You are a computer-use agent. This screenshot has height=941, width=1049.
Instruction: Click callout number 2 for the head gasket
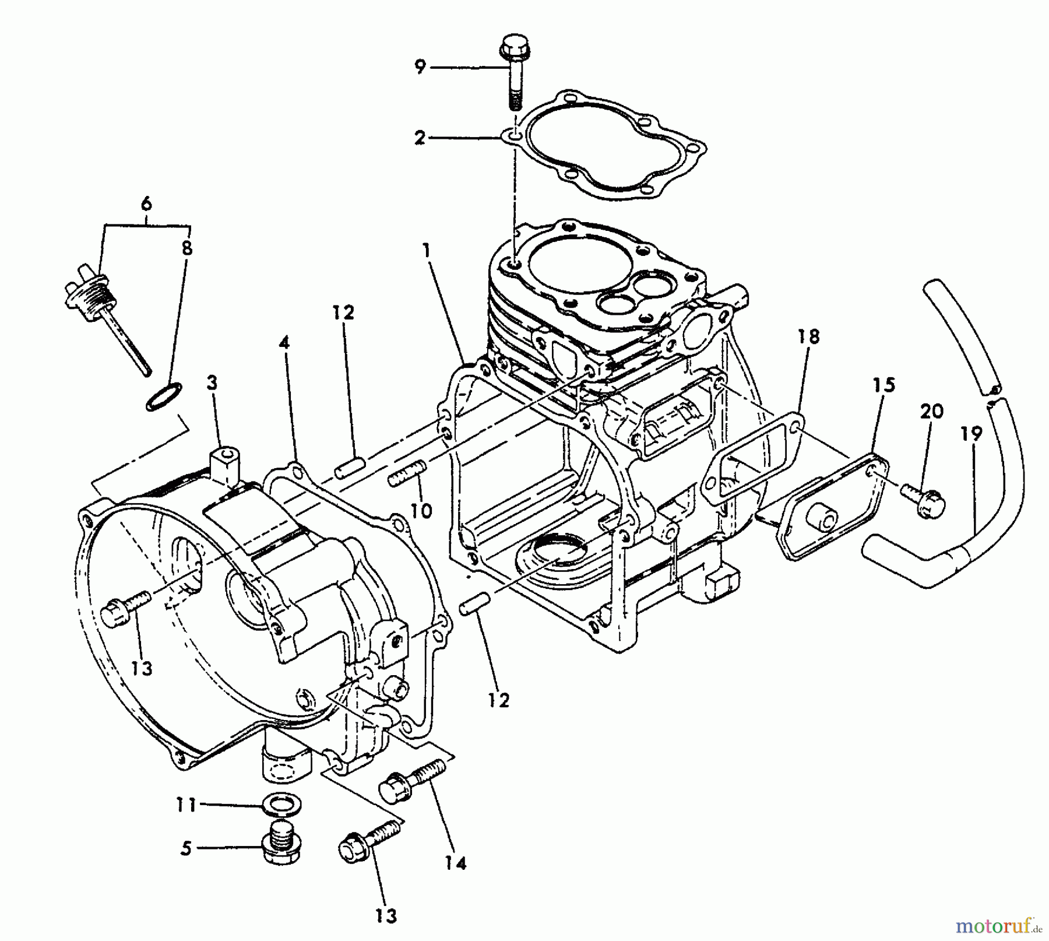[420, 138]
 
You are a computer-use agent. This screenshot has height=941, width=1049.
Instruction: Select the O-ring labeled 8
[163, 397]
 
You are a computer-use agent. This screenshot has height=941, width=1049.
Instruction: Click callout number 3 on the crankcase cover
[212, 383]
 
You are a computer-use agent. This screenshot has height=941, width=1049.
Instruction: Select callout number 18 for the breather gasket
[809, 336]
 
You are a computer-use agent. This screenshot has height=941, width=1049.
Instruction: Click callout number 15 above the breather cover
[883, 385]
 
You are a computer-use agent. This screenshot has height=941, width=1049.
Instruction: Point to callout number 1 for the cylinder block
[427, 251]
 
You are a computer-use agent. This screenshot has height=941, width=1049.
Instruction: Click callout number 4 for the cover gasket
[284, 343]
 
